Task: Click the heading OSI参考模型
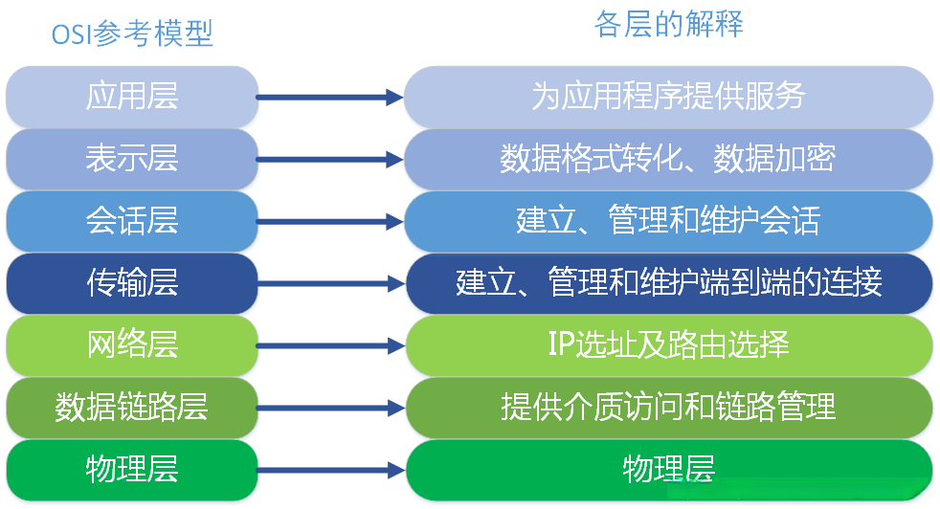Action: coord(132,34)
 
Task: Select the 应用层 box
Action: coord(132,97)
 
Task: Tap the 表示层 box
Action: coord(132,158)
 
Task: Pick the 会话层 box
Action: coord(132,220)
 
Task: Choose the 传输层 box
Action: coord(132,282)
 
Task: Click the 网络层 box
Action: coord(132,344)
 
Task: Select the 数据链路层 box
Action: coord(132,407)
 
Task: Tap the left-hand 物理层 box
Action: coord(132,469)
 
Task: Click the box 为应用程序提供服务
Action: coord(668,97)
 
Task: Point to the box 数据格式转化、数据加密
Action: coord(668,158)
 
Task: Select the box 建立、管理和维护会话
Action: coord(668,220)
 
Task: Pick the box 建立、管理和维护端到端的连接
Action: coord(668,282)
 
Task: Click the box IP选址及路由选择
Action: coord(668,344)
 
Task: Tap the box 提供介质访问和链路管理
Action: coord(668,407)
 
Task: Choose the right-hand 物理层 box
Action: coord(668,469)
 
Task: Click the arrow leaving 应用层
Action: coord(330,97)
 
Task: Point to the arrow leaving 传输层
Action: coord(330,282)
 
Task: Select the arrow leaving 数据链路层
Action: coord(330,407)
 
